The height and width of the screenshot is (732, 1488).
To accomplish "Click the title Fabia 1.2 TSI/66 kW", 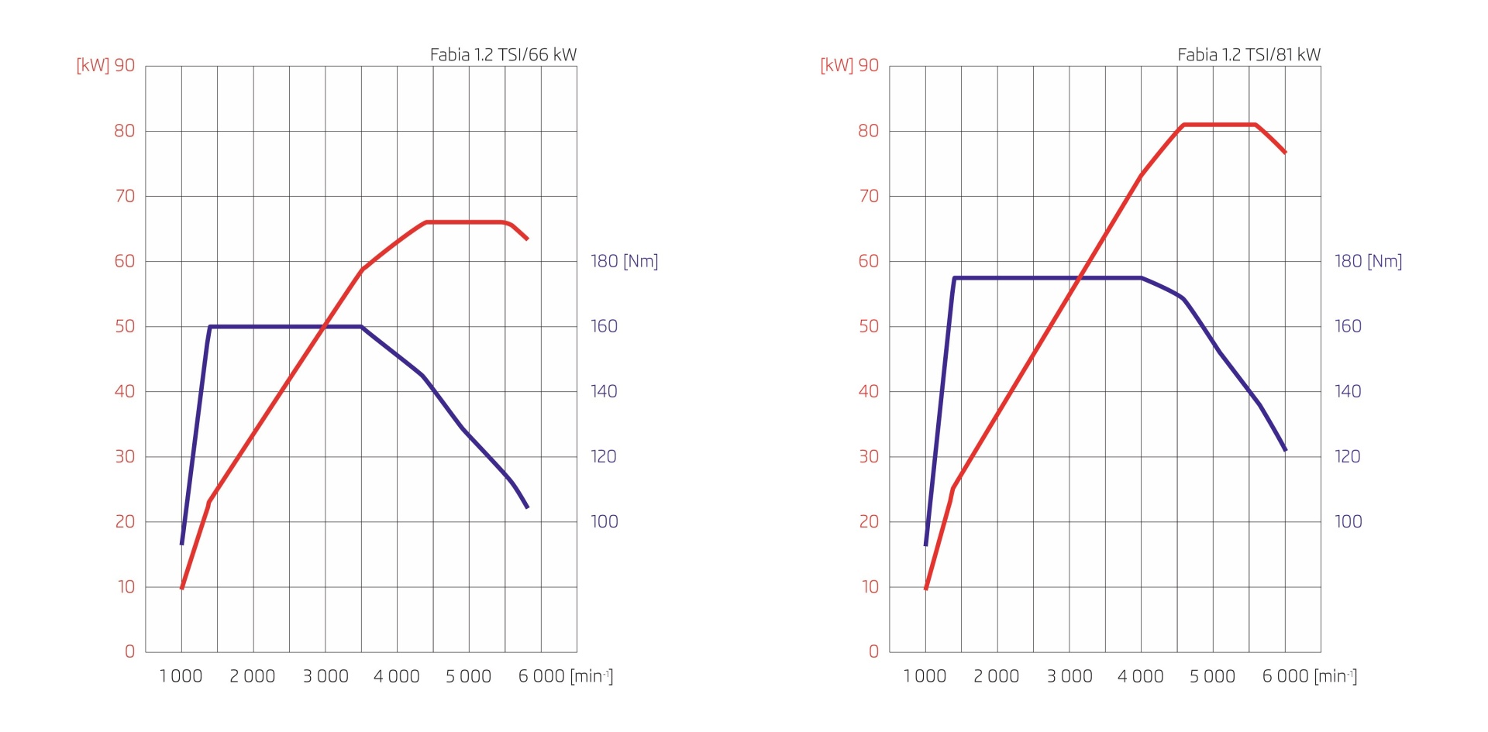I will pyautogui.click(x=503, y=55).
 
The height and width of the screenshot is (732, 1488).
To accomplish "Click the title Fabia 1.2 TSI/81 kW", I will pyautogui.click(x=1249, y=55).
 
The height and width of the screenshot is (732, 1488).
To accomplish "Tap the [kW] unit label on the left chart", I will pyautogui.click(x=92, y=65).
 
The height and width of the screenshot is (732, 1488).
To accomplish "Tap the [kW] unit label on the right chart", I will pyautogui.click(x=836, y=65).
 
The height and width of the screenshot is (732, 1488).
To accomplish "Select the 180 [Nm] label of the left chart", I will pyautogui.click(x=624, y=261).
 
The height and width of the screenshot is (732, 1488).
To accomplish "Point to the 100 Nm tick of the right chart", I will pyautogui.click(x=1348, y=521).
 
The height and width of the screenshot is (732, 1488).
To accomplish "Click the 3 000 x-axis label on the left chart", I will pyautogui.click(x=325, y=676).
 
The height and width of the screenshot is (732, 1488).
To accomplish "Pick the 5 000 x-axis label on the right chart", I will pyautogui.click(x=1212, y=676).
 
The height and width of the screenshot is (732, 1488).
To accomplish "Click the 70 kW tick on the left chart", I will pyautogui.click(x=125, y=196).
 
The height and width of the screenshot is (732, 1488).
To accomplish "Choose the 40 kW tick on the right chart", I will pyautogui.click(x=869, y=391).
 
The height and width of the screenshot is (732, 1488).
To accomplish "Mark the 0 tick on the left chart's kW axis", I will pyautogui.click(x=129, y=651).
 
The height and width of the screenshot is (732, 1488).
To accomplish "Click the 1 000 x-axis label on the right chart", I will pyautogui.click(x=925, y=676).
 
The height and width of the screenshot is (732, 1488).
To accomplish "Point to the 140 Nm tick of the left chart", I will pyautogui.click(x=604, y=391).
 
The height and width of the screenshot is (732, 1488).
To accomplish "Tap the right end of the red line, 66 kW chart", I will pyautogui.click(x=527, y=239).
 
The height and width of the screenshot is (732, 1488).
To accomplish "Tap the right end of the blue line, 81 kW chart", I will pyautogui.click(x=1285, y=449).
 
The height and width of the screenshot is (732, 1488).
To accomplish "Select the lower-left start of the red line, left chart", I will pyautogui.click(x=182, y=588).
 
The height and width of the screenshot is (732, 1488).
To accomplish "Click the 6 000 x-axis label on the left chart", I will pyautogui.click(x=541, y=676).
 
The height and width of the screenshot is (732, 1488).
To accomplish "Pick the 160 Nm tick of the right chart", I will pyautogui.click(x=1348, y=326).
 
